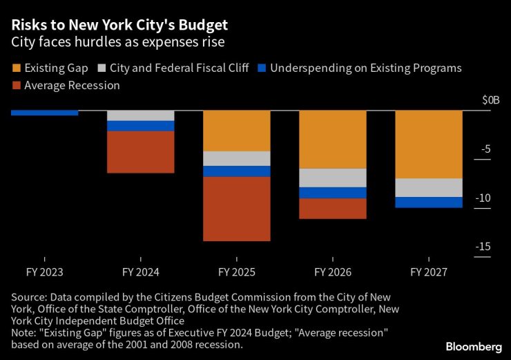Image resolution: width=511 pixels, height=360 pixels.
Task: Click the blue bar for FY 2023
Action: tap(44, 113)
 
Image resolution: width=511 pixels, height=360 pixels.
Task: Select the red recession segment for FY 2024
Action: tap(140, 152)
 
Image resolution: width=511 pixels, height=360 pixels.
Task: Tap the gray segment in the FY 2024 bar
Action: tap(140, 115)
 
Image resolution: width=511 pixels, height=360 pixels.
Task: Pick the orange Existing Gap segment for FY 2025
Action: tap(236, 131)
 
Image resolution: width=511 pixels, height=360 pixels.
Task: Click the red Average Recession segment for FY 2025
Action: tap(236, 209)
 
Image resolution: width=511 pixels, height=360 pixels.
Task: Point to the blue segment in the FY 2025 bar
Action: tap(236, 171)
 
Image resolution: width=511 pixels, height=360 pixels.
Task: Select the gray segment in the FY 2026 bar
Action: tap(332, 178)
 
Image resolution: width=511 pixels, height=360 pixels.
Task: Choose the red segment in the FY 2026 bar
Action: tap(332, 209)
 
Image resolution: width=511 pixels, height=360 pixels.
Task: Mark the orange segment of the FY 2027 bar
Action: tap(428, 144)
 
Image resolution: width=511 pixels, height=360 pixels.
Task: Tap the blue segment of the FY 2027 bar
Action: tap(428, 202)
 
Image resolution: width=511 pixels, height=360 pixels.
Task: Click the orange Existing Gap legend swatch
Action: tap(16, 68)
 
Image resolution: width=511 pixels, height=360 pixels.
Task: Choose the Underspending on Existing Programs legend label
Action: tap(365, 68)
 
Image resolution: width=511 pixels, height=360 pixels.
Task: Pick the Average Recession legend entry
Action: tap(72, 86)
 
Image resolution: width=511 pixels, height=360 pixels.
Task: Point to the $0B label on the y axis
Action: tap(490, 100)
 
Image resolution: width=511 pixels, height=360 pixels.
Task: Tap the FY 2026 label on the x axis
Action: tap(332, 273)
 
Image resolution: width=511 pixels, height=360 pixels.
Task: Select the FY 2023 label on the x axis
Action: tap(44, 273)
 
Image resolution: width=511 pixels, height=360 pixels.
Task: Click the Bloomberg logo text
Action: tap(473, 346)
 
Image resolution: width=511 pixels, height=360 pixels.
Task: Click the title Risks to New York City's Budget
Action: tap(119, 26)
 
